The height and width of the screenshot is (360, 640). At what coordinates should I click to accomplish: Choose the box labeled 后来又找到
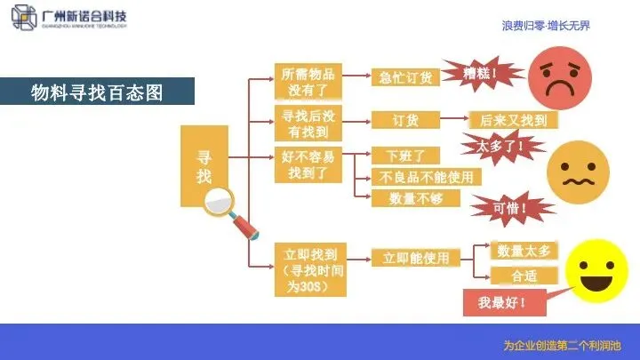coord(513,119)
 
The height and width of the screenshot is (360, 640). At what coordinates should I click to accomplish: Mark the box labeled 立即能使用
coord(416,259)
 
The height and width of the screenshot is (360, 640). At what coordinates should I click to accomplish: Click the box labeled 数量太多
coord(524,251)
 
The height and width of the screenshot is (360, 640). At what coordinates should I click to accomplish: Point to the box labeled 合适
coord(524,276)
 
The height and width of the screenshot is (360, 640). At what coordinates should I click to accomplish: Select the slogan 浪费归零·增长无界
coord(546,27)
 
